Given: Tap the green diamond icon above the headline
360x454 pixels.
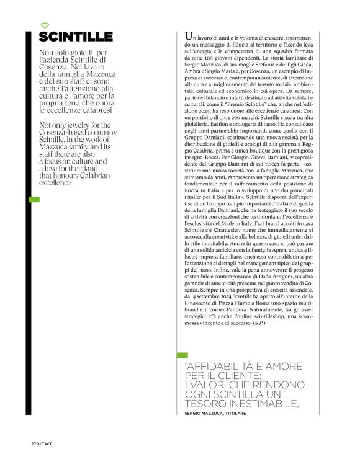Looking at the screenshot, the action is click(44, 25).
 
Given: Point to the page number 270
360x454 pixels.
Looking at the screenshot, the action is click(36, 443).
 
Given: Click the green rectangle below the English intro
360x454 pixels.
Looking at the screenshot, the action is click(35, 200).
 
